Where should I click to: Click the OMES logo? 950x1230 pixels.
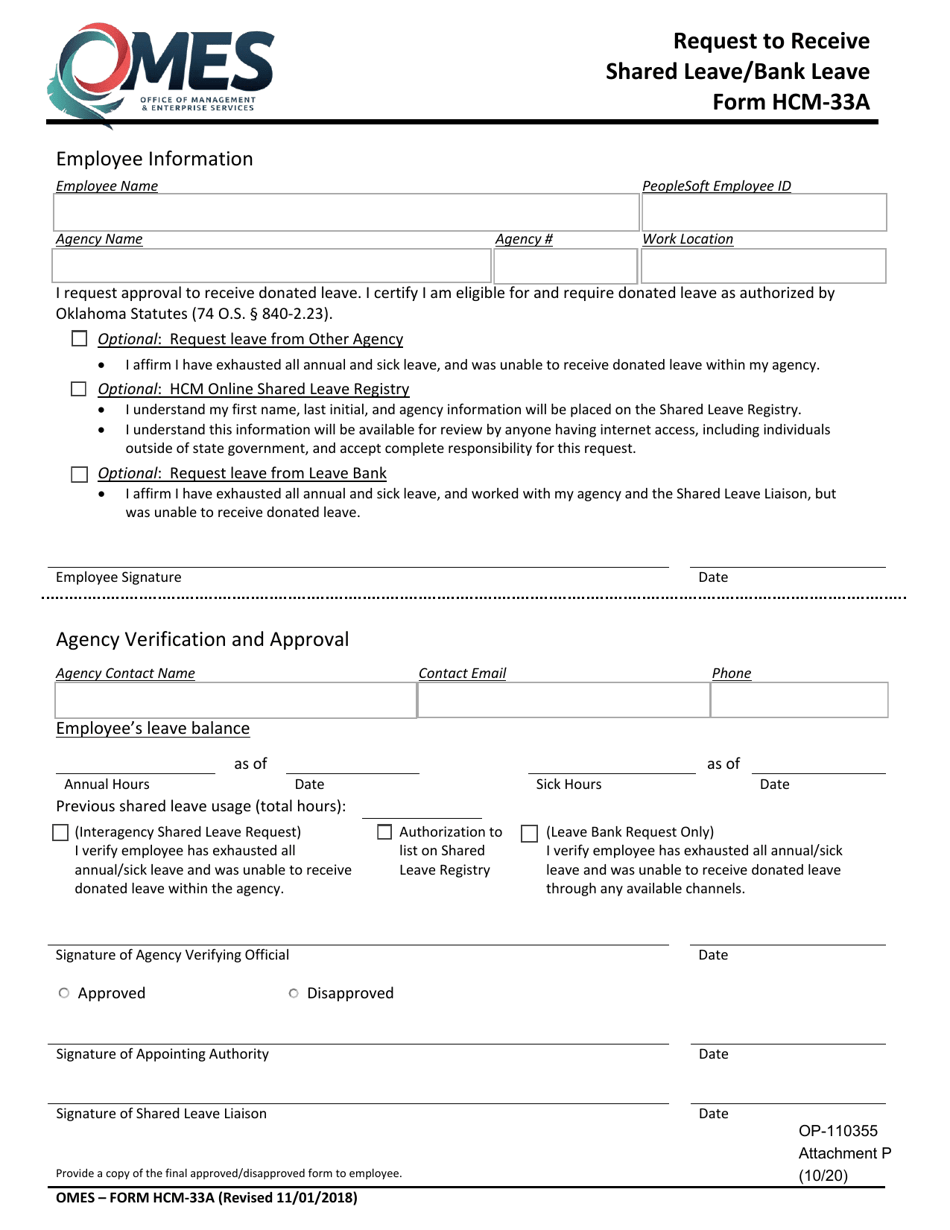pyautogui.click(x=160, y=72)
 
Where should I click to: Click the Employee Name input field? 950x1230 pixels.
pyautogui.click(x=346, y=213)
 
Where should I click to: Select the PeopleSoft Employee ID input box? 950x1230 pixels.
pyautogui.click(x=764, y=213)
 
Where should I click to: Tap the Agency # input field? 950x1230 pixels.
pyautogui.click(x=564, y=266)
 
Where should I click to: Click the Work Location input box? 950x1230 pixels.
pyautogui.click(x=764, y=266)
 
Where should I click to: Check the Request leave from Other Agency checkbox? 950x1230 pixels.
pyautogui.click(x=80, y=339)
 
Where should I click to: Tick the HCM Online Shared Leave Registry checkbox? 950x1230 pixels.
pyautogui.click(x=80, y=389)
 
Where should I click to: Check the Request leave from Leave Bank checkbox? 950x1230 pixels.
pyautogui.click(x=80, y=473)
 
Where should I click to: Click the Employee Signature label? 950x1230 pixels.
pyautogui.click(x=119, y=577)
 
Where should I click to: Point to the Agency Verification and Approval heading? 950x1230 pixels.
pyautogui.click(x=203, y=639)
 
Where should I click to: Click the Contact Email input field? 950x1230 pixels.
pyautogui.click(x=562, y=701)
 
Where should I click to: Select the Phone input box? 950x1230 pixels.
pyautogui.click(x=799, y=701)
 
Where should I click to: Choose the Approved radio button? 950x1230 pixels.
pyautogui.click(x=64, y=993)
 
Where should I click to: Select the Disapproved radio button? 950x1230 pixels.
pyautogui.click(x=293, y=993)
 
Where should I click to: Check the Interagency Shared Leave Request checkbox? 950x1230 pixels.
pyautogui.click(x=60, y=832)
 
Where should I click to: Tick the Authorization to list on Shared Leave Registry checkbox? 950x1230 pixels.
pyautogui.click(x=385, y=832)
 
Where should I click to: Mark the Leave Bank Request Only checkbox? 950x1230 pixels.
pyautogui.click(x=530, y=832)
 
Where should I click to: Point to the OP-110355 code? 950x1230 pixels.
pyautogui.click(x=837, y=1131)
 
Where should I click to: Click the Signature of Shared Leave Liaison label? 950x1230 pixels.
pyautogui.click(x=161, y=1113)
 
